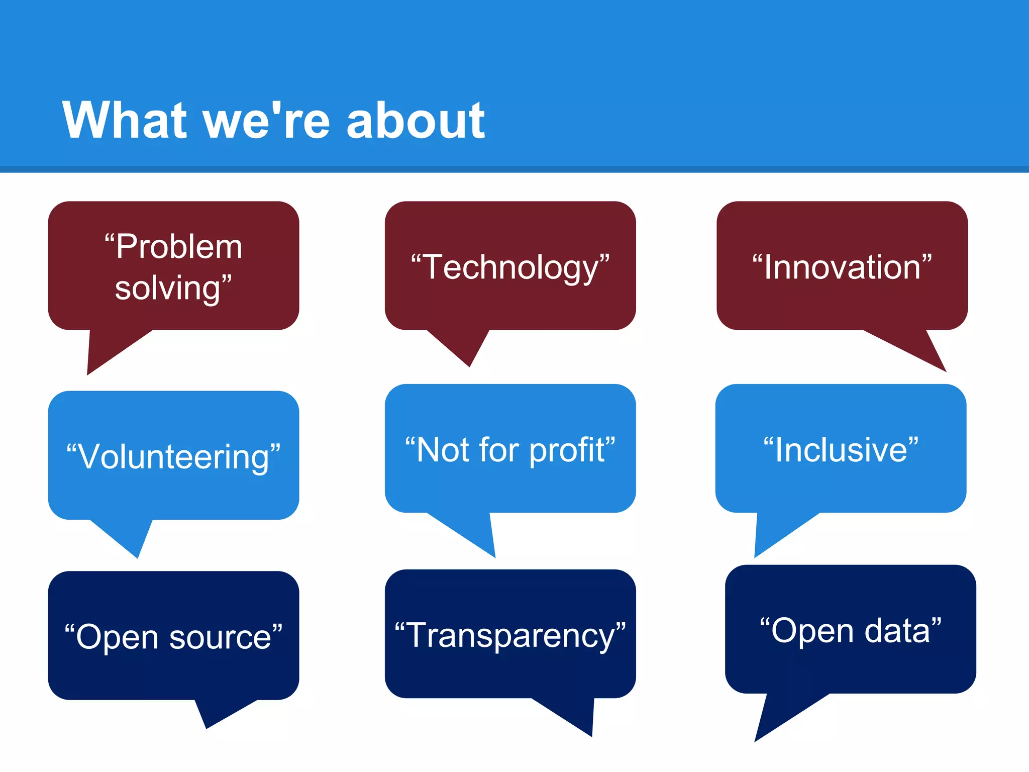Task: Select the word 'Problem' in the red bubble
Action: [x=179, y=247]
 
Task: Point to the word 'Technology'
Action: [x=510, y=267]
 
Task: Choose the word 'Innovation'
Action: [x=842, y=267]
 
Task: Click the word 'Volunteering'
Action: [x=174, y=456]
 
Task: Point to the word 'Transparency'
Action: [x=510, y=635]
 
